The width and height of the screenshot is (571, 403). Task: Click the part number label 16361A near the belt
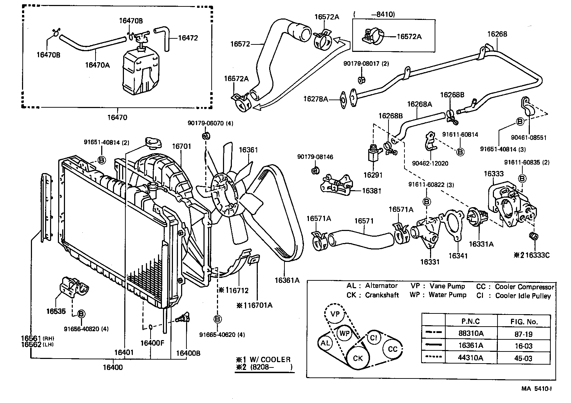287,280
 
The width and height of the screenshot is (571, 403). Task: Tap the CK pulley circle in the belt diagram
358,358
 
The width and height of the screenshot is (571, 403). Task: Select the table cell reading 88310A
471,333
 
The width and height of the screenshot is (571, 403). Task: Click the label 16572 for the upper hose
240,44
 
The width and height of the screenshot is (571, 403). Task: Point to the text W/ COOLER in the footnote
270,359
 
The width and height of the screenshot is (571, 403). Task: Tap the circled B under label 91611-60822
426,202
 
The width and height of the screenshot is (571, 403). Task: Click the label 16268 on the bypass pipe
497,34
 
